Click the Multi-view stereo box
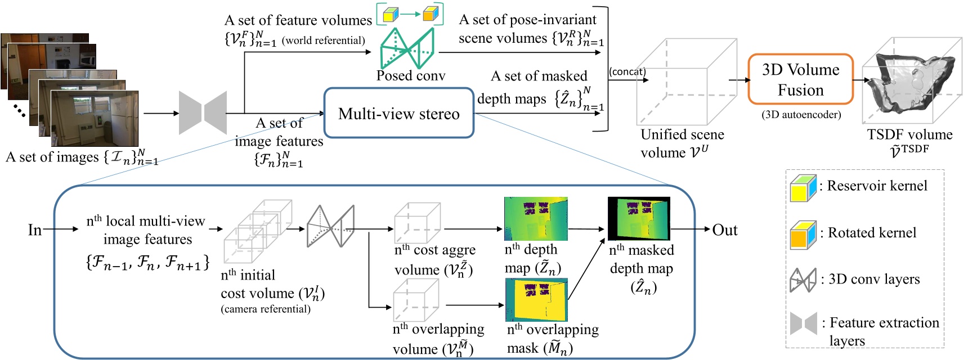(398, 113)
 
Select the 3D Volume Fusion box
(800, 79)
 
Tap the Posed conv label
(410, 75)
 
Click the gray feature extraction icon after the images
(203, 113)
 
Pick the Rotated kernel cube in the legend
(803, 235)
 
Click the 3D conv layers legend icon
(803, 280)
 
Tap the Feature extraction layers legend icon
(803, 324)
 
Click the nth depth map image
(535, 219)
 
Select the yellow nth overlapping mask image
(536, 300)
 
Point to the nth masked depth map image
(639, 219)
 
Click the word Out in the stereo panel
(724, 230)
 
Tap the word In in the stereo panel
(35, 229)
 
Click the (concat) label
(627, 71)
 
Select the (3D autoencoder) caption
(801, 115)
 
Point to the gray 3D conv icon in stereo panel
(330, 226)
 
